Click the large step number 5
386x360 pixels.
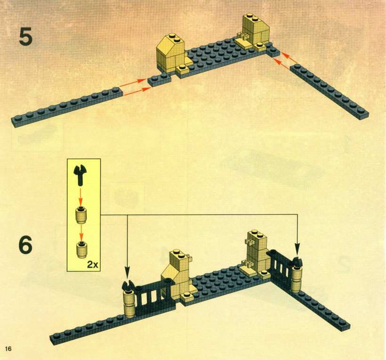pyautogui.click(x=25, y=37)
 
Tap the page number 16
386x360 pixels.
pyautogui.click(x=8, y=348)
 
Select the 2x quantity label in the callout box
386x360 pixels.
pyautogui.click(x=93, y=265)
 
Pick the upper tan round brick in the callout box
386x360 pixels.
pyautogui.click(x=81, y=215)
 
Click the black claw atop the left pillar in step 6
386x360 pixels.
pyautogui.click(x=128, y=286)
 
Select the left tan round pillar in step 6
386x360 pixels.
pyautogui.click(x=130, y=304)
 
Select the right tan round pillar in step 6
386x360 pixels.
pyautogui.click(x=297, y=279)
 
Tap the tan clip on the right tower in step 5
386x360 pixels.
pyautogui.click(x=243, y=36)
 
